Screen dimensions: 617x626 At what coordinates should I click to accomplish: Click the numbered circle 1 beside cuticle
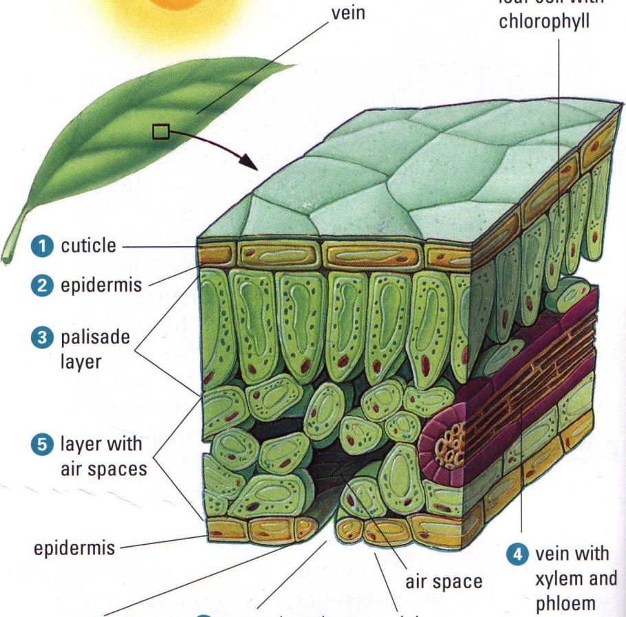click(44, 246)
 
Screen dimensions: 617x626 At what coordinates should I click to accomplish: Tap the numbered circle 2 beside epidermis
click(44, 285)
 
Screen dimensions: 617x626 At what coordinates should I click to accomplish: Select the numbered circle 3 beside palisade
click(44, 338)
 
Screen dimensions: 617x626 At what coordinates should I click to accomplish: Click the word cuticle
click(89, 246)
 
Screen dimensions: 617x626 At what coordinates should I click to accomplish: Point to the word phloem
click(565, 603)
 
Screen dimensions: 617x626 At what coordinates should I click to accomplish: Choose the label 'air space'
click(444, 582)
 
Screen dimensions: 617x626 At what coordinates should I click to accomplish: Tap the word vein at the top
click(348, 13)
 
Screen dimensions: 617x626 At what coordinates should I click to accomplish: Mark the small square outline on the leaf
click(160, 131)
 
